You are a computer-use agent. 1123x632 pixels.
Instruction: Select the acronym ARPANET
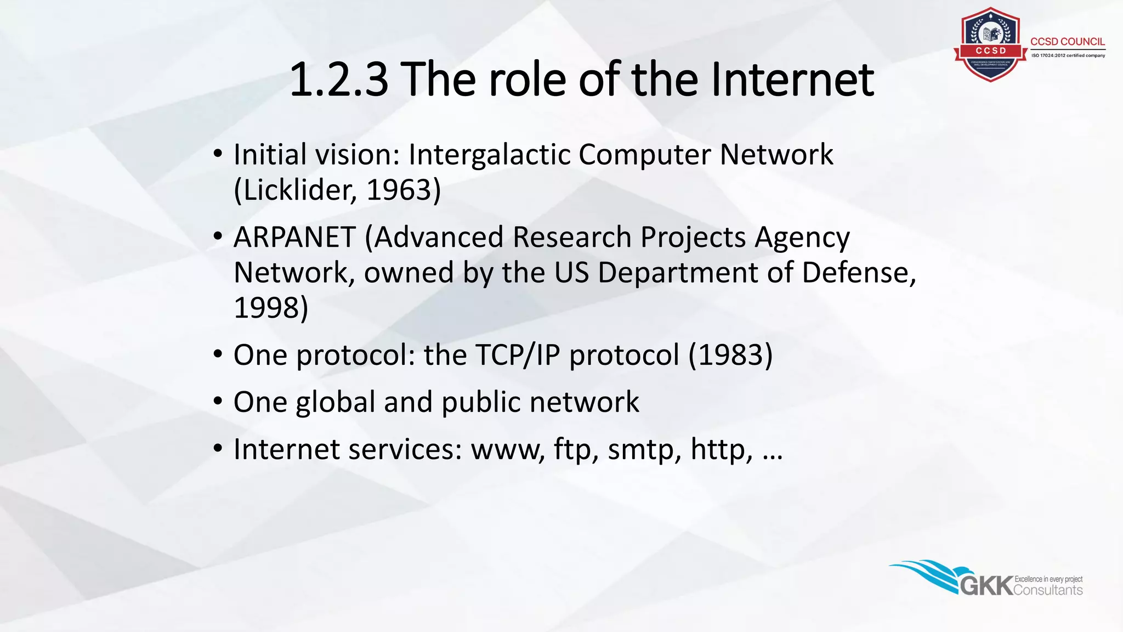pyautogui.click(x=294, y=238)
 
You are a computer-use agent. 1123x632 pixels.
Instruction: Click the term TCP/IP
pyautogui.click(x=517, y=355)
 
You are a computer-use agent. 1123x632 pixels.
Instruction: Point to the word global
pyautogui.click(x=335, y=403)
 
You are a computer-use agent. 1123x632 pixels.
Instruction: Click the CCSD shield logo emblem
pyautogui.click(x=990, y=44)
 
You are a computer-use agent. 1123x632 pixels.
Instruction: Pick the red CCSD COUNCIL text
pyautogui.click(x=1067, y=42)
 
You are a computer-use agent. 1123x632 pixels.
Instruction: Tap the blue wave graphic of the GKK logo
pyautogui.click(x=927, y=573)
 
